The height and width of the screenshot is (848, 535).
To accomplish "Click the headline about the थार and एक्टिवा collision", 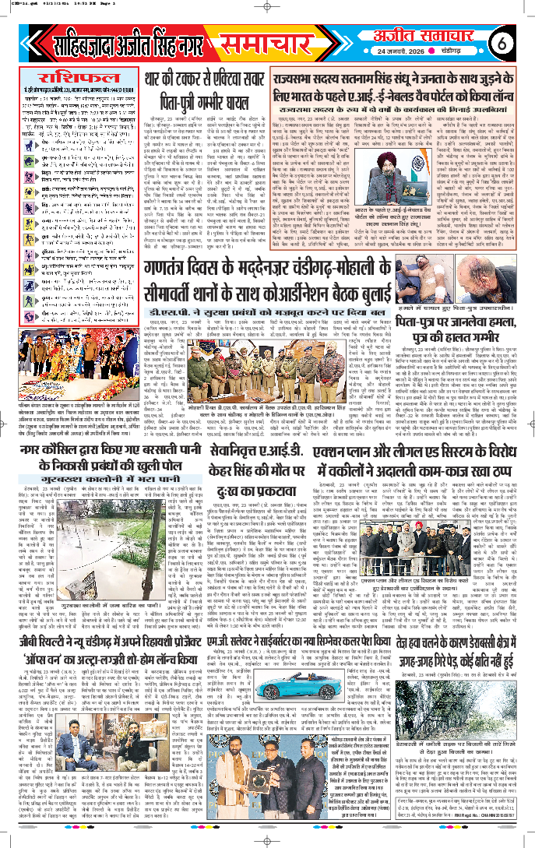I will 201,87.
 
